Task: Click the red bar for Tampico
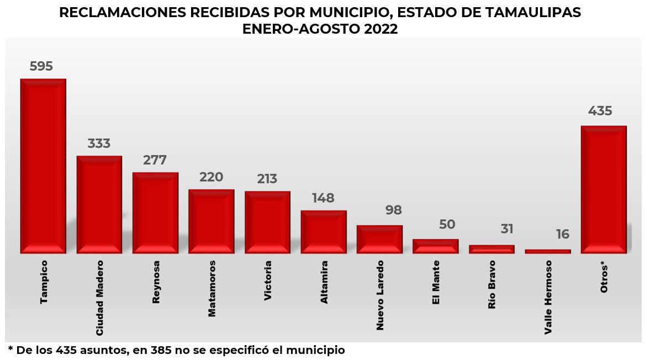click(x=43, y=166)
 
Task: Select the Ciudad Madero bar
click(x=99, y=204)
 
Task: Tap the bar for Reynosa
click(x=155, y=213)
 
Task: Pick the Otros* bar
click(x=604, y=189)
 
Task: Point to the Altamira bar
click(x=323, y=232)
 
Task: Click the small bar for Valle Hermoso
click(x=547, y=251)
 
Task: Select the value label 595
click(x=41, y=66)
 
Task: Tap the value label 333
click(x=99, y=144)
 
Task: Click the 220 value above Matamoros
click(x=211, y=177)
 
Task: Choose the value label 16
click(x=562, y=235)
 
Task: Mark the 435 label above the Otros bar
click(x=600, y=111)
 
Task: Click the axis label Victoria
click(x=268, y=280)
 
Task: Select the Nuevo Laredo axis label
click(x=380, y=295)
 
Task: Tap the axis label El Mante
click(x=436, y=282)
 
